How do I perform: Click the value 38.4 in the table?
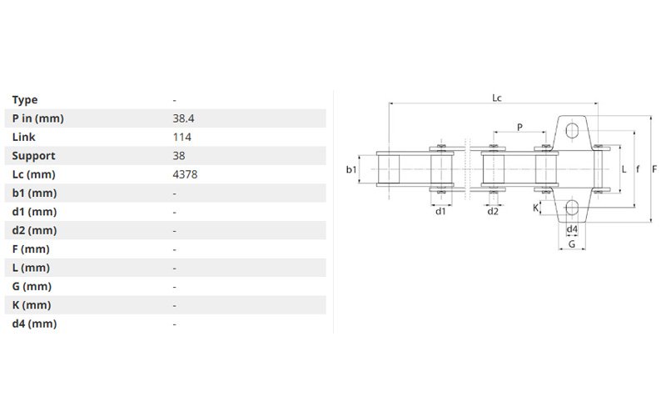point(183,118)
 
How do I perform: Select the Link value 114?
point(181,137)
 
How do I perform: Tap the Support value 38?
point(179,156)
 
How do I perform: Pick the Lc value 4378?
point(185,174)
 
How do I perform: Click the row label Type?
point(25,100)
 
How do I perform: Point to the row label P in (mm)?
point(37,118)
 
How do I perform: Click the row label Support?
point(33,156)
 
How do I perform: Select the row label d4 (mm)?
point(34,324)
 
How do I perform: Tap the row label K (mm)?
point(32,305)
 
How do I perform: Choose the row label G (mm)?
point(32,286)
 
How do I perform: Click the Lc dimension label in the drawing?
point(496,98)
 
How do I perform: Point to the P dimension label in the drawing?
point(519,127)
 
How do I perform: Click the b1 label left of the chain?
point(351,169)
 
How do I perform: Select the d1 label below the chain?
point(440,211)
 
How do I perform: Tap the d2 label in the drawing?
point(493,211)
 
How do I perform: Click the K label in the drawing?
point(535,208)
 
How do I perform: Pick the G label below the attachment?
point(572,244)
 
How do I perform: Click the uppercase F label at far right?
point(654,169)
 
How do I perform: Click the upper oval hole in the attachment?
point(572,131)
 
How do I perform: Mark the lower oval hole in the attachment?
point(572,208)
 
